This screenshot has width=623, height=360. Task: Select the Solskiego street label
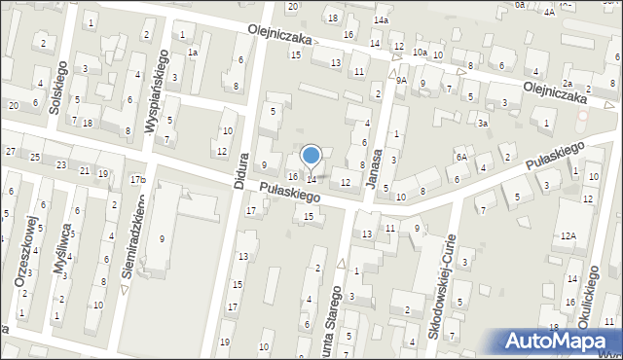[x=56, y=95]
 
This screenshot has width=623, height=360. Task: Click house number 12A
[x=568, y=235]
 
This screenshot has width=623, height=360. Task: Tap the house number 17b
[x=139, y=179]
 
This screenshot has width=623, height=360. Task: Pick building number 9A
[x=400, y=81]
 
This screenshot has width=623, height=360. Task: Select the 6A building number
[x=461, y=157]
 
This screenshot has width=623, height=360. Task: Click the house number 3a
[x=482, y=124]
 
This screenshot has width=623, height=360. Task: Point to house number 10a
[x=420, y=52]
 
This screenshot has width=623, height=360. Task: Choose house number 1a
[x=193, y=52]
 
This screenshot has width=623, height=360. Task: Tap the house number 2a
[x=567, y=84]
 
